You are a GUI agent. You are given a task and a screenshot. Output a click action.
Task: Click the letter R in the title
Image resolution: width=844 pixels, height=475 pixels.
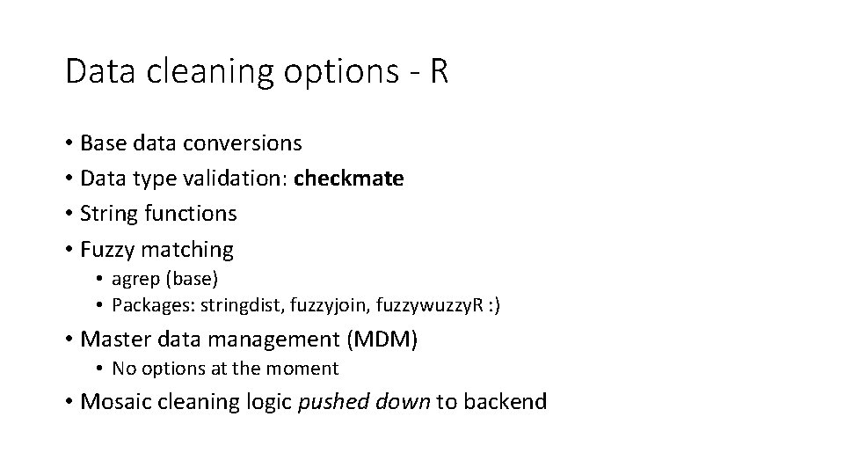coord(438,72)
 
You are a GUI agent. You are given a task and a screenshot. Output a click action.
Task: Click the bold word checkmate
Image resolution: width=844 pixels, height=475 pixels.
coord(349,179)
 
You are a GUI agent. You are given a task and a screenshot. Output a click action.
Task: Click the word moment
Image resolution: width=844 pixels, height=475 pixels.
coord(305,369)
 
